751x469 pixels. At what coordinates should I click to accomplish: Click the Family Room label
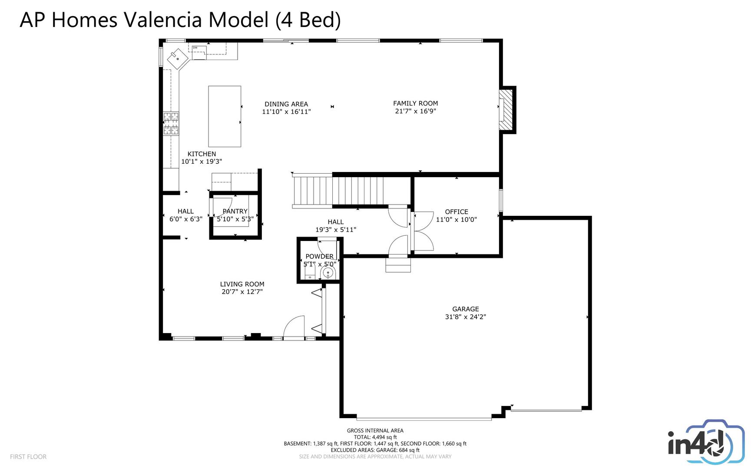[415, 103]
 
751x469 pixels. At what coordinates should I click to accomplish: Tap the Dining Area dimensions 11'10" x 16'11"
[286, 112]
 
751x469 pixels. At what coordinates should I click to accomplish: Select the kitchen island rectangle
[225, 116]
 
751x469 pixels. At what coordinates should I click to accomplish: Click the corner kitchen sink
[178, 58]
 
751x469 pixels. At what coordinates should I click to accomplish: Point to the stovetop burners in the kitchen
[171, 123]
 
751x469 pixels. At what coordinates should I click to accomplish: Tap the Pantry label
[235, 211]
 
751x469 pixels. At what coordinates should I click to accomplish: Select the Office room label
[457, 212]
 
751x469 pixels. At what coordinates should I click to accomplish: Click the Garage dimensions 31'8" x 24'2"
[466, 317]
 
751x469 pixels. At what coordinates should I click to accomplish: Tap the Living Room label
[242, 284]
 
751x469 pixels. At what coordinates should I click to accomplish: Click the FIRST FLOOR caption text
[28, 457]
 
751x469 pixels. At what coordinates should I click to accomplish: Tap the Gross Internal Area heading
[375, 431]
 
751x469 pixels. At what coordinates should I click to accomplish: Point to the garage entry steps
[398, 264]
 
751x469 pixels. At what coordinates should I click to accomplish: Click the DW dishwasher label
[195, 48]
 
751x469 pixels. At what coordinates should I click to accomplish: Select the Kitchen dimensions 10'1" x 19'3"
[202, 162]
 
